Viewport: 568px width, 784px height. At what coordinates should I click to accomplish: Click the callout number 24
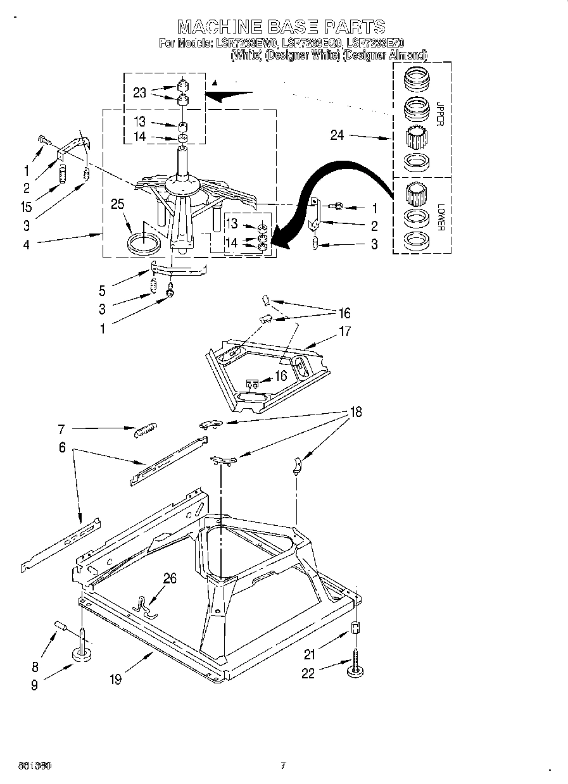click(x=337, y=135)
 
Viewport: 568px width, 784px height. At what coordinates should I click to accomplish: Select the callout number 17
click(x=345, y=331)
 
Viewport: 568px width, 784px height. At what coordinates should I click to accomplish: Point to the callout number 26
click(x=170, y=578)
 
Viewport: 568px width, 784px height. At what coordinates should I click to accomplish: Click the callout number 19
click(x=115, y=679)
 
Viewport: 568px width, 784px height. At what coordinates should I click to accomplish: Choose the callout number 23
click(x=139, y=92)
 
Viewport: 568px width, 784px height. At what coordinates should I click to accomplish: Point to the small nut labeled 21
click(x=356, y=629)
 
